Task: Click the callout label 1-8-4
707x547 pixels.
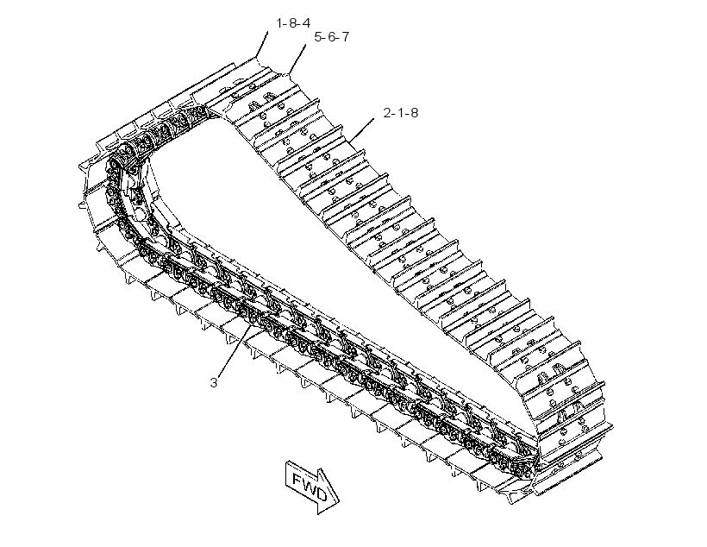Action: [x=293, y=23]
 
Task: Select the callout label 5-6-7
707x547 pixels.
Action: [x=332, y=37]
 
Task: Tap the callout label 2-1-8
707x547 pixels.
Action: [x=401, y=113]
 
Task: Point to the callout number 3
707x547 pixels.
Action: [x=214, y=383]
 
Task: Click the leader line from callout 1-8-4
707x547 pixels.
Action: [x=262, y=45]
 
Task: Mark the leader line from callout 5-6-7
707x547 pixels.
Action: [x=297, y=59]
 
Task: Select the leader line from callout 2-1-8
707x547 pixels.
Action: [x=361, y=129]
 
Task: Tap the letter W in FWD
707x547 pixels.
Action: [x=309, y=485]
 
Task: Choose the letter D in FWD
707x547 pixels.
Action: [x=321, y=494]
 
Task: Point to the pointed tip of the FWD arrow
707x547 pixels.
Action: [x=339, y=500]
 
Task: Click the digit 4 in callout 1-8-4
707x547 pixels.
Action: [x=306, y=23]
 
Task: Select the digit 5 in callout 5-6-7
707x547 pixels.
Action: [x=318, y=37]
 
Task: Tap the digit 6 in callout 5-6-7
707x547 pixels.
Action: [x=331, y=37]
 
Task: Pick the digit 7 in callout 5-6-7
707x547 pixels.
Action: [x=345, y=37]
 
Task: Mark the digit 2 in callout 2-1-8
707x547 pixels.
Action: [x=387, y=113]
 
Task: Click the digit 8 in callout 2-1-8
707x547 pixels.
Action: [x=414, y=113]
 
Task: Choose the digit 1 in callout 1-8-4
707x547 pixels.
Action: [x=279, y=23]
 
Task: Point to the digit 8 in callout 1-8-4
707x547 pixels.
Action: [x=292, y=23]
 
